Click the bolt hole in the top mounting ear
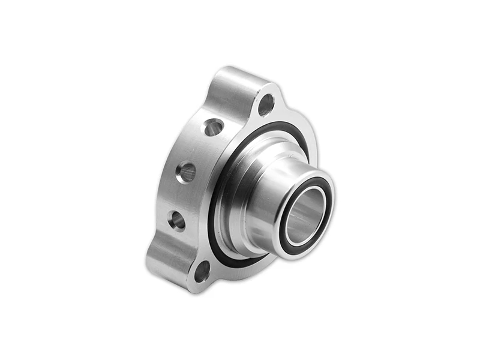point(266,105)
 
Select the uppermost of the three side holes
point(213,127)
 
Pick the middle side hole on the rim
point(186,172)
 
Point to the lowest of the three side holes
point(177,220)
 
